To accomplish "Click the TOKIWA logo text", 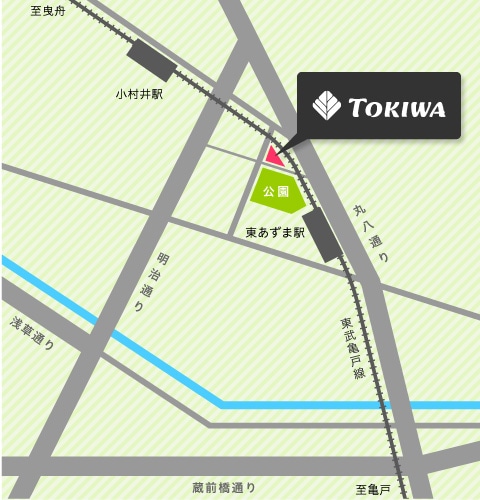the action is tap(396, 106).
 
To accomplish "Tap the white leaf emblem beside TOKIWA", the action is tap(326, 105).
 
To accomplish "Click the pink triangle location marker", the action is tap(274, 157).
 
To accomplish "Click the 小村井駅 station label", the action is tap(139, 95).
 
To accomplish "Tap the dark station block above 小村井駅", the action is tap(154, 59).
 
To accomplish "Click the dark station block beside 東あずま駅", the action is tap(324, 234).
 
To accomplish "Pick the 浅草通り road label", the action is tap(33, 331).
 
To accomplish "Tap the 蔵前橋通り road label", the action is tap(224, 487).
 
